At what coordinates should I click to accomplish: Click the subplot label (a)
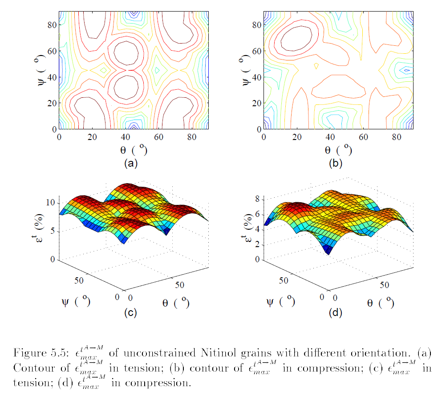point(131,163)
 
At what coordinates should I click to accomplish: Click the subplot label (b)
point(336,163)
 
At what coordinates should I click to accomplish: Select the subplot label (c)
point(130,313)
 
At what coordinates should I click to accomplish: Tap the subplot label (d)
point(336,313)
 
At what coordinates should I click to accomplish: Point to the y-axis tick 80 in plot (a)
point(52,25)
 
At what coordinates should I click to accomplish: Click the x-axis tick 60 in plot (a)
point(159,137)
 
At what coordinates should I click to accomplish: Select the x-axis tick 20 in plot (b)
point(297,137)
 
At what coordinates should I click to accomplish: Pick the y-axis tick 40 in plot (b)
point(257,77)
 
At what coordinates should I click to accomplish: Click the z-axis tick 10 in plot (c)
point(51,202)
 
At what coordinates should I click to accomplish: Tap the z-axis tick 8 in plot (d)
point(257,199)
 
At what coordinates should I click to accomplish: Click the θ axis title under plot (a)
point(134,150)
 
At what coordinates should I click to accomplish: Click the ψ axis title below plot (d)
point(280,301)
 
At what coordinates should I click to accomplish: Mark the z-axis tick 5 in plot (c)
point(53,232)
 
